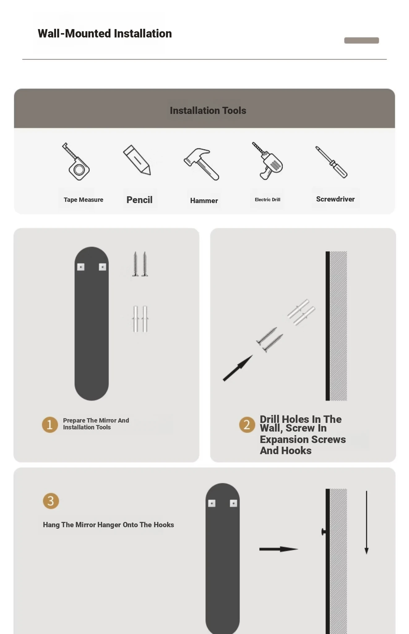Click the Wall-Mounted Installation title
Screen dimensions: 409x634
(105, 33)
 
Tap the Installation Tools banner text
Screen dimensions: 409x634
(208, 111)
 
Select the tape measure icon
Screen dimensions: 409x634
(76, 161)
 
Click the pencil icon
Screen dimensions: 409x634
(137, 160)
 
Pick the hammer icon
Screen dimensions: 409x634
(201, 164)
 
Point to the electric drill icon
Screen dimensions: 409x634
(267, 161)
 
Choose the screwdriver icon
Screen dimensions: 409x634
(331, 162)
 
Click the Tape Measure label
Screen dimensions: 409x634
(84, 200)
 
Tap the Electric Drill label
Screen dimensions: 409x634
(268, 200)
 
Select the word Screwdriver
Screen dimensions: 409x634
(335, 199)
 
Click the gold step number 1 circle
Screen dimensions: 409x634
(50, 424)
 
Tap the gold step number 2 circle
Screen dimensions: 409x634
(247, 424)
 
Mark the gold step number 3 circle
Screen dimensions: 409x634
(51, 501)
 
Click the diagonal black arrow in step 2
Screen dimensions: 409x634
(238, 368)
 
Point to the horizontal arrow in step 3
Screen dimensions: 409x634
(279, 549)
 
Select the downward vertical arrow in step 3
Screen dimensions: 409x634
(367, 522)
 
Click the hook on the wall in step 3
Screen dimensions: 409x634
(324, 532)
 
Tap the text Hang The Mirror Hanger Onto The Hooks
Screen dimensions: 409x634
(108, 525)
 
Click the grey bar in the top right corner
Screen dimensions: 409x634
(362, 41)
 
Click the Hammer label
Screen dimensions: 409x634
(204, 201)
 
